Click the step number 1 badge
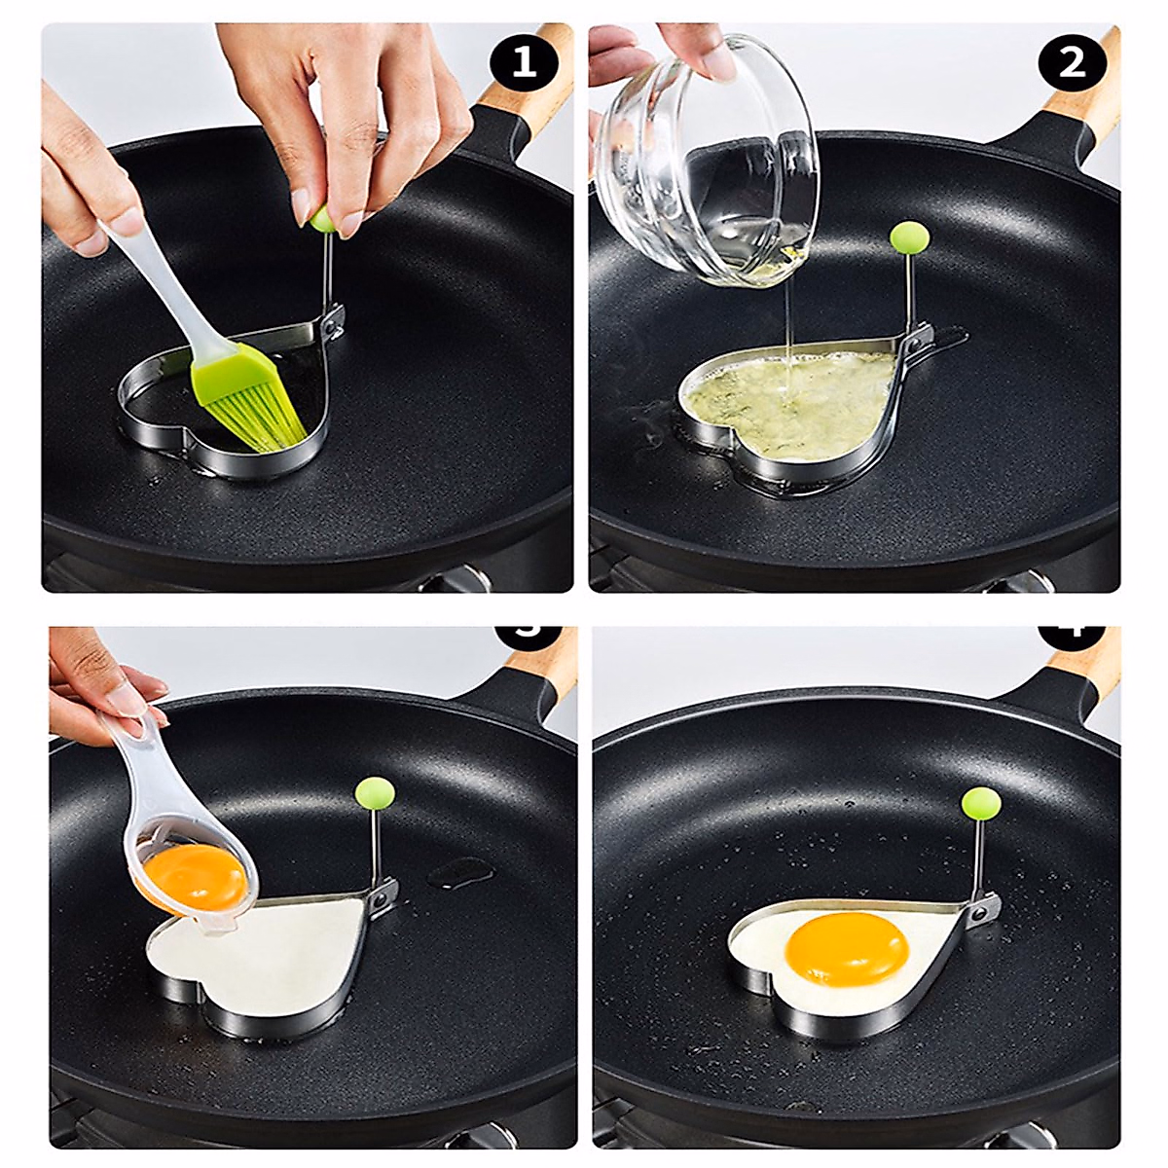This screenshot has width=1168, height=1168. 524,63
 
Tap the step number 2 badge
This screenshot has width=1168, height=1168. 1071,63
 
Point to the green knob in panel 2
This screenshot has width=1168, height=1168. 909,237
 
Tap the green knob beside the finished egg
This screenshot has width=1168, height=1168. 981,805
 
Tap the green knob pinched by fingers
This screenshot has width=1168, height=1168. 322,219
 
